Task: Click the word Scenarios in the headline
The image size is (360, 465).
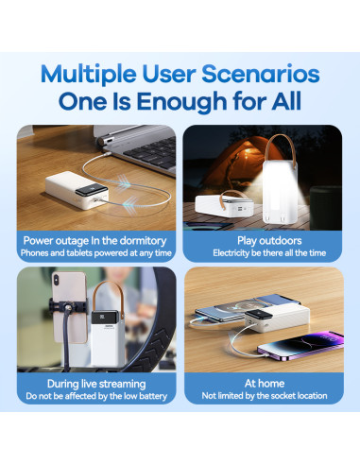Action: click(x=261, y=74)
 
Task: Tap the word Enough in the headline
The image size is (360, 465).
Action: click(x=181, y=102)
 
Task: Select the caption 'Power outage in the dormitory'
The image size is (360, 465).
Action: click(x=94, y=241)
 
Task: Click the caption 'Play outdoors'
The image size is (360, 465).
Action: click(x=269, y=241)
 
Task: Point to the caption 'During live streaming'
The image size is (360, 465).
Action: click(x=96, y=384)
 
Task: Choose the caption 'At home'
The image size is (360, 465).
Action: click(x=265, y=384)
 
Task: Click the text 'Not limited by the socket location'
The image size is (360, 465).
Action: click(x=265, y=396)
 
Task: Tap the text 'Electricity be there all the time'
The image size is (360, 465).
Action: click(x=269, y=253)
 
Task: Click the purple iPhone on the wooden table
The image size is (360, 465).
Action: click(x=300, y=346)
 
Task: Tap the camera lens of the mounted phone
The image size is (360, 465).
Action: click(x=57, y=280)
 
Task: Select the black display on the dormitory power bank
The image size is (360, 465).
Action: click(x=91, y=189)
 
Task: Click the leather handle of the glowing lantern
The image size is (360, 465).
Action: click(x=280, y=148)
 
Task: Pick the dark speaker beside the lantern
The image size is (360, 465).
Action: click(x=326, y=207)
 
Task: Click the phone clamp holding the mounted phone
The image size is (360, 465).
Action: click(x=68, y=306)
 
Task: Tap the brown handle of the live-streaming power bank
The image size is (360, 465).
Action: click(x=108, y=296)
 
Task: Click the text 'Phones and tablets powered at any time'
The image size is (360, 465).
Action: click(x=96, y=253)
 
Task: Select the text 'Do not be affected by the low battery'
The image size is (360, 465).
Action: click(x=96, y=396)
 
